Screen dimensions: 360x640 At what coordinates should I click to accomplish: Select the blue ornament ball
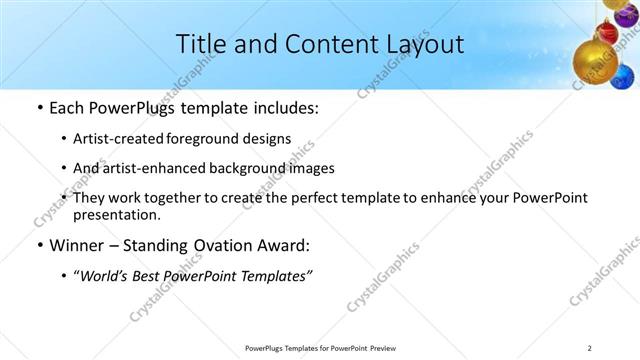[x=623, y=76]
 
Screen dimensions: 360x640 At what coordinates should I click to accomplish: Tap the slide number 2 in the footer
[x=590, y=348]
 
